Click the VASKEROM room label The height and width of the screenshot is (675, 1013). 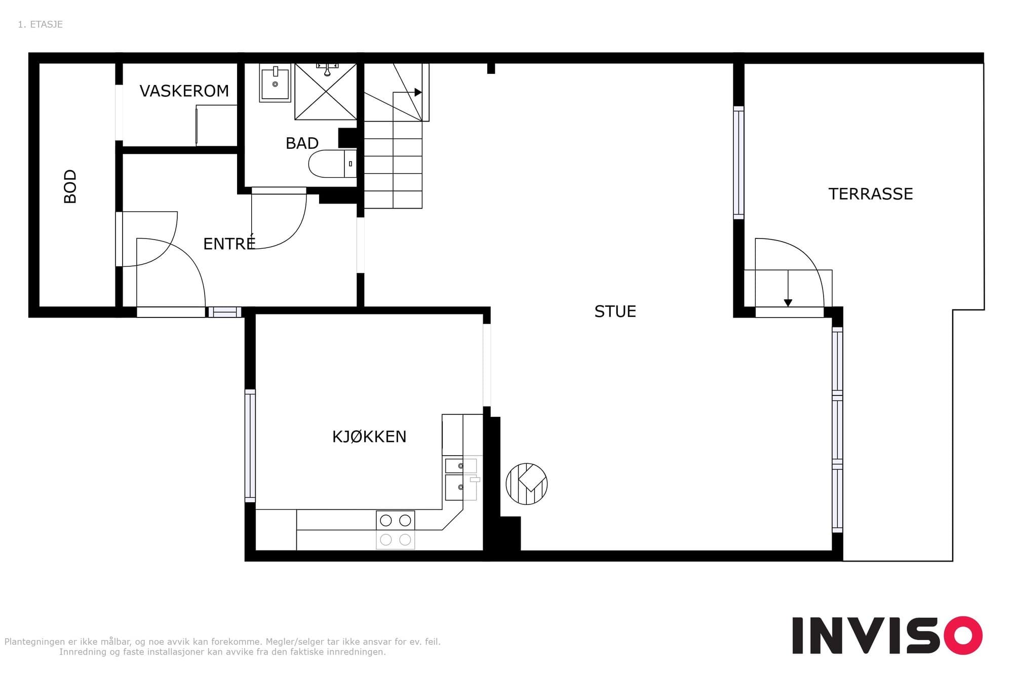(184, 91)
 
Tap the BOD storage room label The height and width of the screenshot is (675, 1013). (70, 186)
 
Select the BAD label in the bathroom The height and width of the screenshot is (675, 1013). (302, 143)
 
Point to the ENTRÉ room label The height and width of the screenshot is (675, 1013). (229, 243)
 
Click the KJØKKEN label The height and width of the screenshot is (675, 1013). (369, 436)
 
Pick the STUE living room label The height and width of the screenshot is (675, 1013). (615, 311)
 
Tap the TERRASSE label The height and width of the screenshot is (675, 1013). (871, 194)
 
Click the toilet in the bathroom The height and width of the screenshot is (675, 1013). (332, 164)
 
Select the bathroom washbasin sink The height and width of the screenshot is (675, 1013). (275, 83)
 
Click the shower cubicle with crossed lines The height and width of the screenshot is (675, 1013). (326, 92)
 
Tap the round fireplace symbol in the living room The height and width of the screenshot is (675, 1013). (527, 484)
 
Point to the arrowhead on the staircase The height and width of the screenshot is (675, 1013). (418, 92)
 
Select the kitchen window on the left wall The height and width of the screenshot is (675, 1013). (250, 446)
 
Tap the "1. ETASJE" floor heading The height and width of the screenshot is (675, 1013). (40, 24)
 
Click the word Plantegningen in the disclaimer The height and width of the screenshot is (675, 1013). (35, 642)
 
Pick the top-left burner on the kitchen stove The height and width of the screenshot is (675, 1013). (386, 520)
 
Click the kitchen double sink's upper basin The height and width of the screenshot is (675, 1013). (461, 465)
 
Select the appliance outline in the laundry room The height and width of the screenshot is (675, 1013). (217, 125)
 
